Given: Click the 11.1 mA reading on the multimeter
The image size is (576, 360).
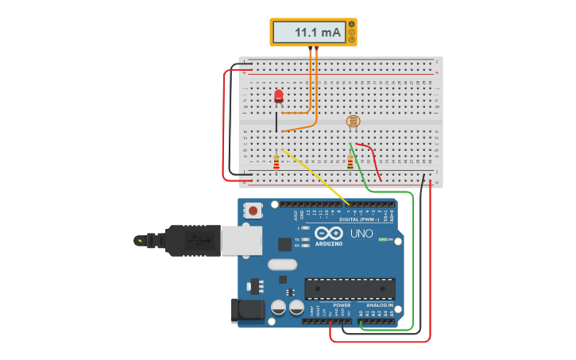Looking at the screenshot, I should click(x=317, y=33).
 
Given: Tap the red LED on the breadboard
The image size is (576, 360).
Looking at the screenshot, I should click(x=278, y=96).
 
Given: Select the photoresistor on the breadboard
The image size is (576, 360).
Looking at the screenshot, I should click(x=353, y=121).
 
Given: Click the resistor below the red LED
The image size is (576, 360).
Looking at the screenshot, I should click(x=276, y=162).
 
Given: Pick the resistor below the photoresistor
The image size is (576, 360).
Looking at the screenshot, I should click(x=350, y=162).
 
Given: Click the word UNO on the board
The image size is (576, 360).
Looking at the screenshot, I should click(x=361, y=234).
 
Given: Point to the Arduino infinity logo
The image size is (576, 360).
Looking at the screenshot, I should click(x=328, y=234).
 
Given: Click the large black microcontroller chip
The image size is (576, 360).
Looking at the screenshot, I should click(x=350, y=288).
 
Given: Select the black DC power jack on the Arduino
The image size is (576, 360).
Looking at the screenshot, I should click(x=246, y=311).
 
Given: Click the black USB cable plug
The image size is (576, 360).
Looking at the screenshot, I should click(x=191, y=240).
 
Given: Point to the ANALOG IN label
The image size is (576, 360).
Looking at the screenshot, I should click(x=379, y=305).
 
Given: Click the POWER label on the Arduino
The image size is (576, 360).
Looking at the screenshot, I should click(x=342, y=305).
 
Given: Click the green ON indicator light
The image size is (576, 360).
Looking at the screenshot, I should click(x=383, y=239).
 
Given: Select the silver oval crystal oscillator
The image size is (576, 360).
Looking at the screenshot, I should click(x=282, y=265).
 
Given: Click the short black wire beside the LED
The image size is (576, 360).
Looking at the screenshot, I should click(x=276, y=122).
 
